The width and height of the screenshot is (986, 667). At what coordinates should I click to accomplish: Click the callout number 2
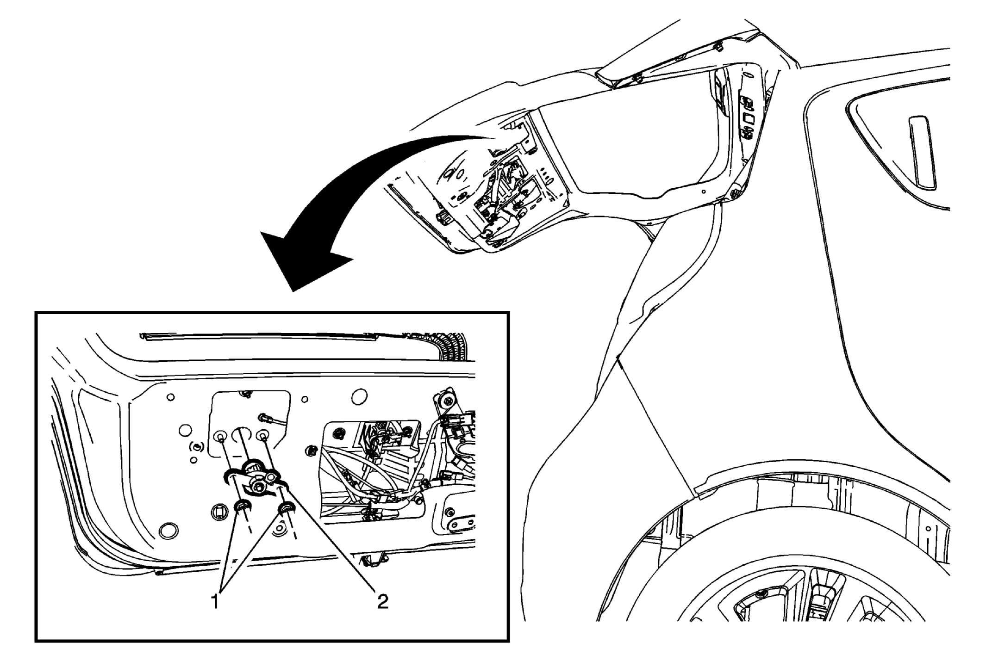tap(382, 601)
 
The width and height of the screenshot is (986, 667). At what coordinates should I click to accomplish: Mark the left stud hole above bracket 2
tap(221, 436)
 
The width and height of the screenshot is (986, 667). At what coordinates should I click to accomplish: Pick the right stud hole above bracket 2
tap(263, 436)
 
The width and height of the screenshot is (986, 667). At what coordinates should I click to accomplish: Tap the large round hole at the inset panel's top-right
tap(359, 396)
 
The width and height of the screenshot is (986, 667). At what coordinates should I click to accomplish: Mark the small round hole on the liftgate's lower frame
tap(704, 191)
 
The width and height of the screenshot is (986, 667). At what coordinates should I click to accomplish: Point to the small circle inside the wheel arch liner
tap(929, 529)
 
